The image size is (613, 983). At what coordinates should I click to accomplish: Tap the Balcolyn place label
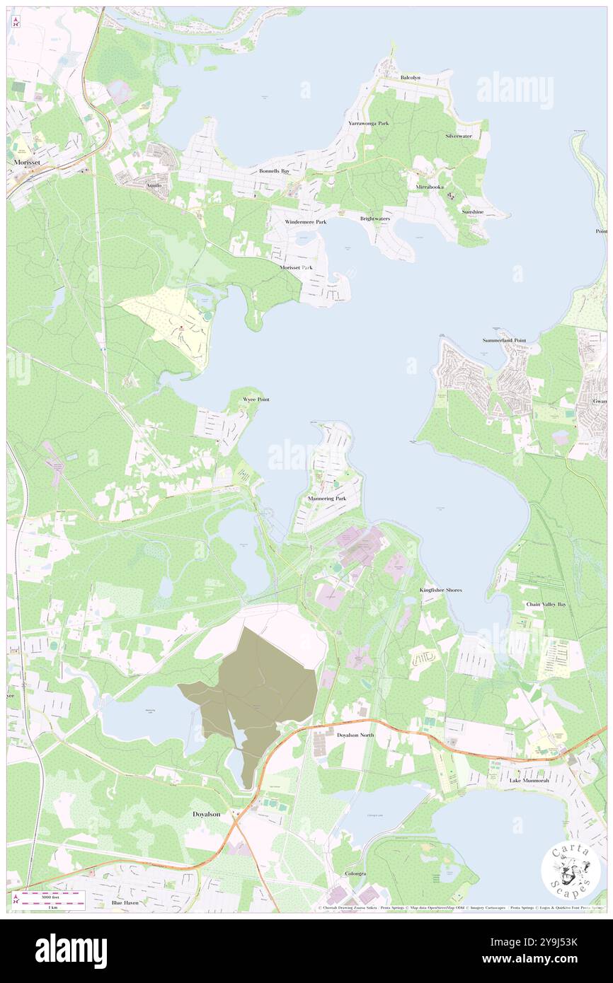pos(410,77)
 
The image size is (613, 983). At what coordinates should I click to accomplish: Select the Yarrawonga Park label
pos(368,123)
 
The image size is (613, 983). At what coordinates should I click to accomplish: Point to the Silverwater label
pos(459,136)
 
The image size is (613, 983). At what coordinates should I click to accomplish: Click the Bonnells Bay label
pos(274,171)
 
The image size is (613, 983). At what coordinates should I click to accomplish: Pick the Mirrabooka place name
pos(430,187)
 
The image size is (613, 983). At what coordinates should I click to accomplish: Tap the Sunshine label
pos(472,211)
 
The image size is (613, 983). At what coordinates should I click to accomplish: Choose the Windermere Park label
pos(306,222)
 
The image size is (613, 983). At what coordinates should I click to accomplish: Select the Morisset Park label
pos(296,268)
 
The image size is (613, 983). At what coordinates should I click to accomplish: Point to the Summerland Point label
pos(505,341)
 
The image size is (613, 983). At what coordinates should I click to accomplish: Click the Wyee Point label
pos(256,400)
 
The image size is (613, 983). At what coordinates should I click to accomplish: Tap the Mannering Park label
pos(327,499)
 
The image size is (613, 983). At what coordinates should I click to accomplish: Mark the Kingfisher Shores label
pos(441,590)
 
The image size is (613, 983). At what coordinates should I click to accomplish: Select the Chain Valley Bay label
pos(546,605)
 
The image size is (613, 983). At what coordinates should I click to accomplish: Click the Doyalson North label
pos(355,735)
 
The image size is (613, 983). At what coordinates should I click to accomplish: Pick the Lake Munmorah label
pos(529,781)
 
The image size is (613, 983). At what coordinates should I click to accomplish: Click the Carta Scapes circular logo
pos(571,871)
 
